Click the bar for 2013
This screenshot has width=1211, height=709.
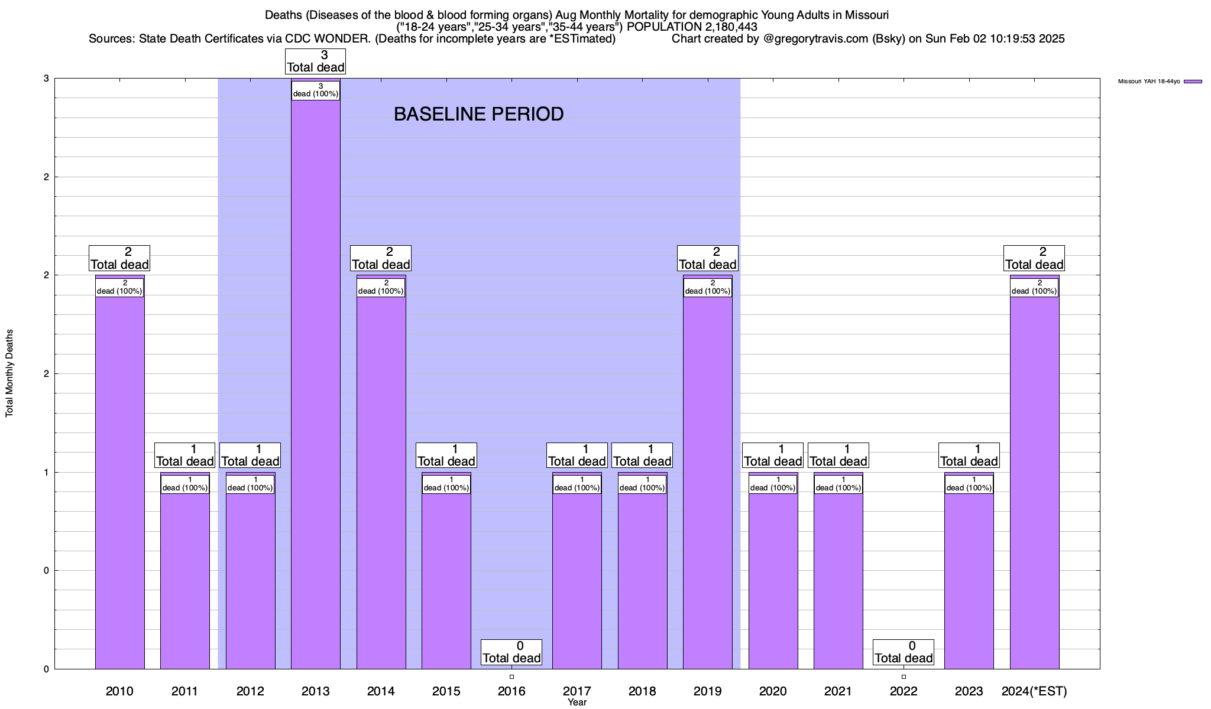315,384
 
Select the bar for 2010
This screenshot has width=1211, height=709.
119,473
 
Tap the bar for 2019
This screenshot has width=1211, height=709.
707,473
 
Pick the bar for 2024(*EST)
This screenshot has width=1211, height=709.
1034,473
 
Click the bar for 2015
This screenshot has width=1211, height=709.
446,579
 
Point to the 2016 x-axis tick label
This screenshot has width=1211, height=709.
511,691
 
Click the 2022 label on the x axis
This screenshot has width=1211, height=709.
904,691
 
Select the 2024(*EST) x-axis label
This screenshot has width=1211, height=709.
1034,691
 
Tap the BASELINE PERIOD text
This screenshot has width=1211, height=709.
478,114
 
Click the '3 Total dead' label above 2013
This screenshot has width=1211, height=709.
316,61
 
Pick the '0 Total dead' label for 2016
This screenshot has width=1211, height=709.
511,652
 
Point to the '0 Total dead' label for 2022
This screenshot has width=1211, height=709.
904,652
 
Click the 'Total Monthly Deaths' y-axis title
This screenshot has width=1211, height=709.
9,373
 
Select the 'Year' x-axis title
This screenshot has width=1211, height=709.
577,703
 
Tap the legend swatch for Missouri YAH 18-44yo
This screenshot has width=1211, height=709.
1193,82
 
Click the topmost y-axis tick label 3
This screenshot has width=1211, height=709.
46,79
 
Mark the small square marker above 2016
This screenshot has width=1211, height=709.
511,677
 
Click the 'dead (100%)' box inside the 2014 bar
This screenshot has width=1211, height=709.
381,287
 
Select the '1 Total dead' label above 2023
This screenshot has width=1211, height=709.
969,456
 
